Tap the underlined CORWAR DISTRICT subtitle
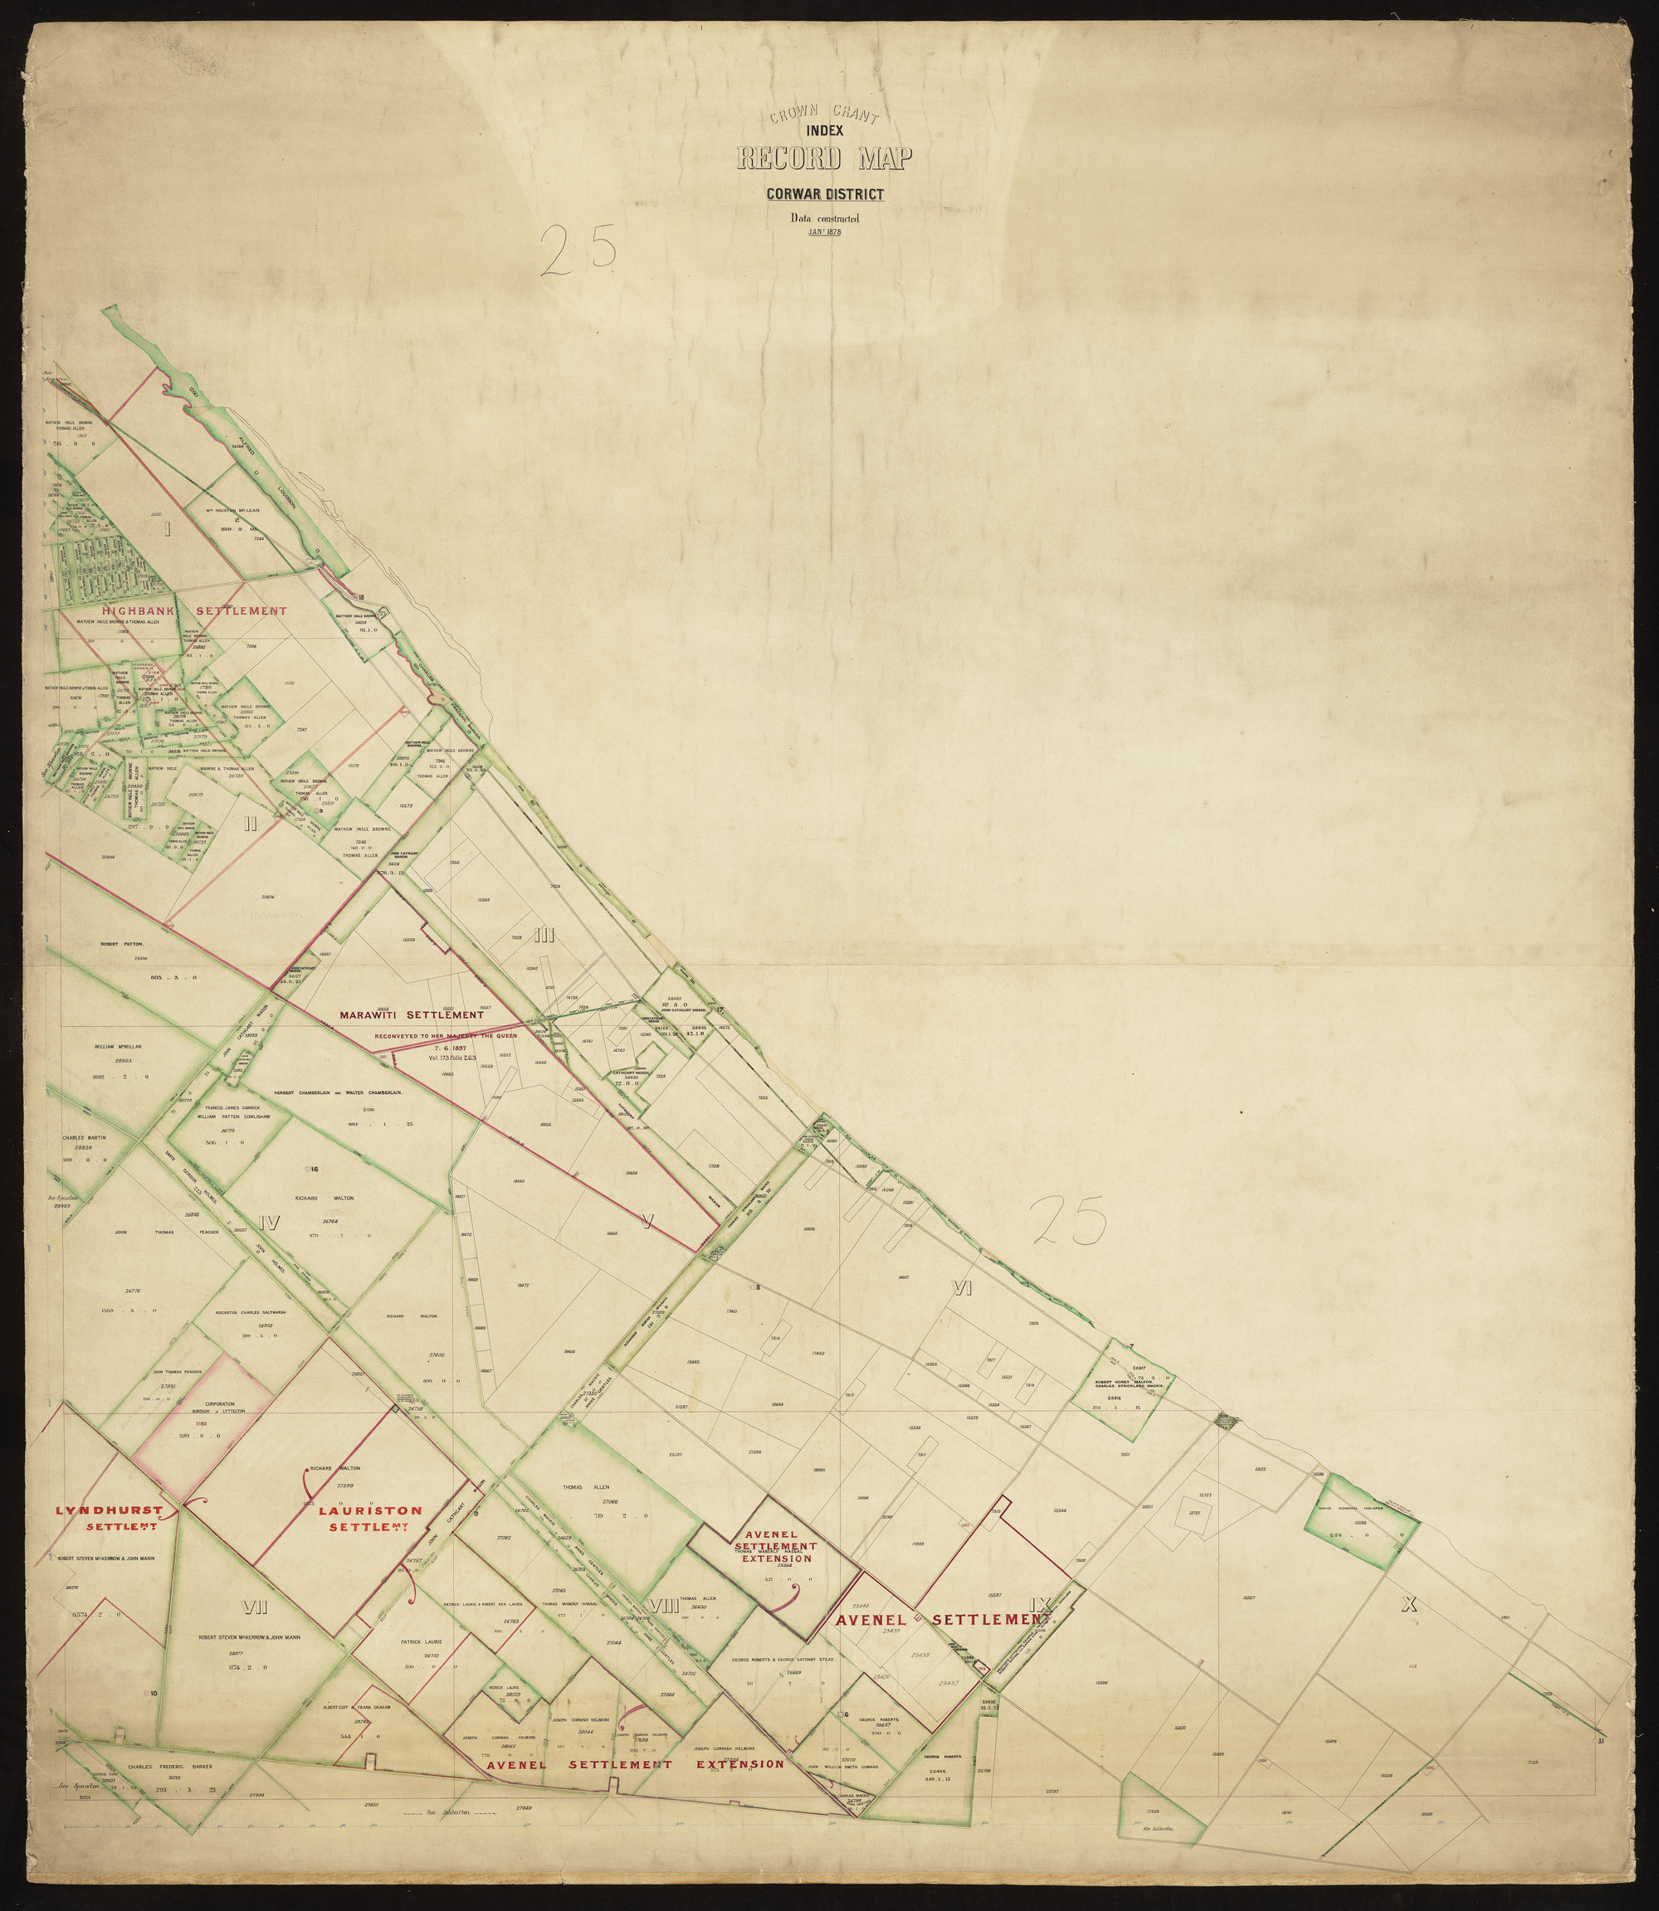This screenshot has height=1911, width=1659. pyautogui.click(x=823, y=194)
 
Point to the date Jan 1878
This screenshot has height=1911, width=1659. pyautogui.click(x=823, y=231)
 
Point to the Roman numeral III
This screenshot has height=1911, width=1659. pyautogui.click(x=544, y=936)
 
